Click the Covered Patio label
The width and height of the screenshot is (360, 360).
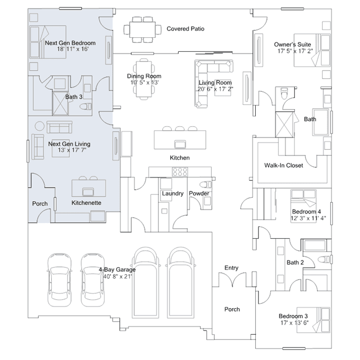click(185, 29)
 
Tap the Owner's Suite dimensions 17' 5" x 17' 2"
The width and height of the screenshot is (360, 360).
click(295, 51)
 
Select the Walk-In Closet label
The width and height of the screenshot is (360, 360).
click(283, 165)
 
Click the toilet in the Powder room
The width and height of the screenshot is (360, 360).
click(206, 184)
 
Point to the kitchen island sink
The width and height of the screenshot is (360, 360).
click(180, 144)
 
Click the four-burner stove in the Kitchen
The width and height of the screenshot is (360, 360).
click(180, 172)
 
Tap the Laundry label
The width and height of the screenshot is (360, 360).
click(172, 193)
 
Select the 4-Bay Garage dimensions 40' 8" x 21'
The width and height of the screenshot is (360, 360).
click(118, 277)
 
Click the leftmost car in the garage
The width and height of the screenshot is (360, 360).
click(60, 280)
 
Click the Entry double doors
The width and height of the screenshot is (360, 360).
click(232, 279)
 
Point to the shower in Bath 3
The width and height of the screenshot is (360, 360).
click(60, 103)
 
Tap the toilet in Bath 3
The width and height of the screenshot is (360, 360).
click(86, 106)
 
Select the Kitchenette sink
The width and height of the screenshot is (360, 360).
click(88, 192)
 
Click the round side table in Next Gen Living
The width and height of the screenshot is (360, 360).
click(39, 126)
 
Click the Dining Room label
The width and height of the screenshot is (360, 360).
click(144, 76)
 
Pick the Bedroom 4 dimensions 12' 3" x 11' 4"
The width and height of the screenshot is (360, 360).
click(308, 218)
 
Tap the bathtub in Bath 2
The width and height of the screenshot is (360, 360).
click(315, 245)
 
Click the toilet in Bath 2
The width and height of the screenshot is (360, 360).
click(325, 259)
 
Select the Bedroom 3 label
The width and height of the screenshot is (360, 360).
click(293, 316)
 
